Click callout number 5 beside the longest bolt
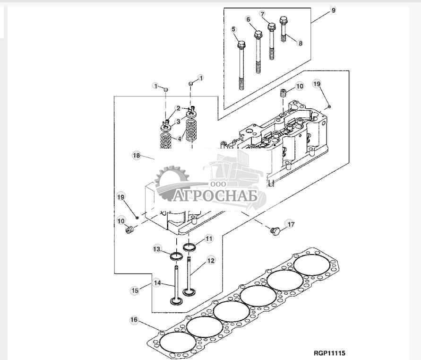point(233,29)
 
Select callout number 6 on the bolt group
point(248,19)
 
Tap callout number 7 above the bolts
point(263,14)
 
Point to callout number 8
point(300,43)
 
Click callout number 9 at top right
point(333,10)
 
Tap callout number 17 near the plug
point(291,224)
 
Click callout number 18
point(136,155)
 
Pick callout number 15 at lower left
point(135,290)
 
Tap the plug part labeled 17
point(274,231)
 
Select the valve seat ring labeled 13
point(176,257)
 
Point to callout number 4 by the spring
point(179,139)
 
